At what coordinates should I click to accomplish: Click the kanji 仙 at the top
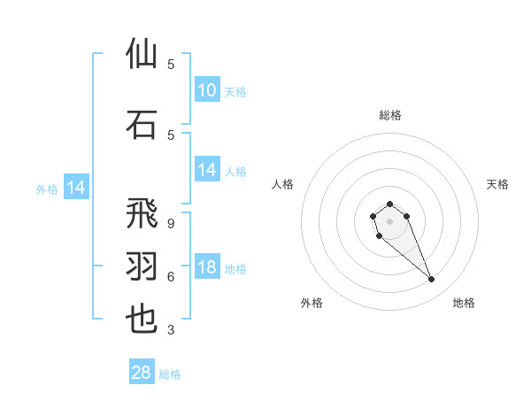(142, 54)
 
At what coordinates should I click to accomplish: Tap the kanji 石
(142, 124)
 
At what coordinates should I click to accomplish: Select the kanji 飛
(142, 215)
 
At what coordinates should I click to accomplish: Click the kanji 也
(142, 318)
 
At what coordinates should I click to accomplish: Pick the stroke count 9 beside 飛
(171, 224)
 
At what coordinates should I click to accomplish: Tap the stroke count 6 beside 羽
(171, 276)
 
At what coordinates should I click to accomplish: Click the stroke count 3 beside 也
(171, 330)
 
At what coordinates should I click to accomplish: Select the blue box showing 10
(207, 90)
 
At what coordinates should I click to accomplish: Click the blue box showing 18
(207, 268)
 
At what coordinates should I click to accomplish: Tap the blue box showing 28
(141, 373)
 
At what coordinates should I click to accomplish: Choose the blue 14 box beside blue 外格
(75, 188)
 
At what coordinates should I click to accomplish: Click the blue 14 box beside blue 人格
(207, 171)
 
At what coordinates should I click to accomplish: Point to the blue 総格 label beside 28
(170, 374)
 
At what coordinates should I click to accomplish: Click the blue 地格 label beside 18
(235, 269)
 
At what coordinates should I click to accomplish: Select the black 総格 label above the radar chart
(389, 115)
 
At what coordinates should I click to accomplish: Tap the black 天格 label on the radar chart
(497, 184)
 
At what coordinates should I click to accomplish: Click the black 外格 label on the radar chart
(312, 303)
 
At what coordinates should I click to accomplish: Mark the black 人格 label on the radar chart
(283, 184)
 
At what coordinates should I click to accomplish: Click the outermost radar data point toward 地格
(432, 280)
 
